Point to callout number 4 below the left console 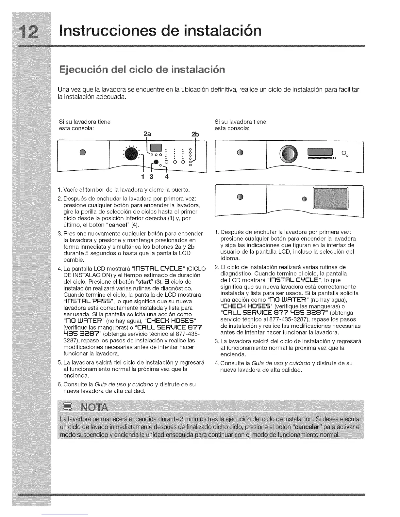coord(167,177)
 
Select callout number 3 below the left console coord(151,177)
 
